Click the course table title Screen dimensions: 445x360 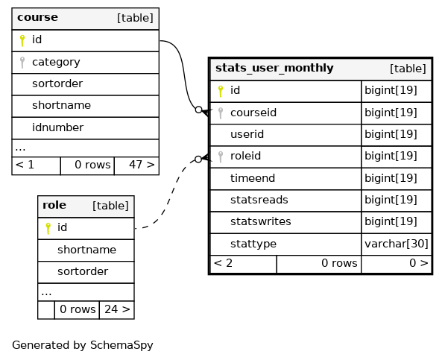click(x=37, y=17)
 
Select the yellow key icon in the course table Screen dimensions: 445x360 click(x=22, y=40)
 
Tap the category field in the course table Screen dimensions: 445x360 click(x=56, y=62)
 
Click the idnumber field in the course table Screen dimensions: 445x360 click(x=57, y=127)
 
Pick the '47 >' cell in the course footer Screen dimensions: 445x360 click(x=136, y=165)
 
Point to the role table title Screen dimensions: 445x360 click(x=54, y=205)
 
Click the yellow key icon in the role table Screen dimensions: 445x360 click(x=48, y=228)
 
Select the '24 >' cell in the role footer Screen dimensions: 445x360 click(x=116, y=309)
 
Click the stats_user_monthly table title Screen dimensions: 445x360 click(x=274, y=68)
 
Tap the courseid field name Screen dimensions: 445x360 click(x=253, y=113)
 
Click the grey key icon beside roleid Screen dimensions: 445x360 click(x=221, y=157)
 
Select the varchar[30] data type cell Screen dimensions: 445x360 click(x=397, y=244)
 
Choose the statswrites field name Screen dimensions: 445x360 click(x=261, y=221)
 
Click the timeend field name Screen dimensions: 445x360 click(x=253, y=178)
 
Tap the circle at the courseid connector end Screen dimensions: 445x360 click(x=199, y=110)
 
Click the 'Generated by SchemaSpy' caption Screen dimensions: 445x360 click(x=82, y=345)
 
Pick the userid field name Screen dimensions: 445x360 click(x=247, y=134)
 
